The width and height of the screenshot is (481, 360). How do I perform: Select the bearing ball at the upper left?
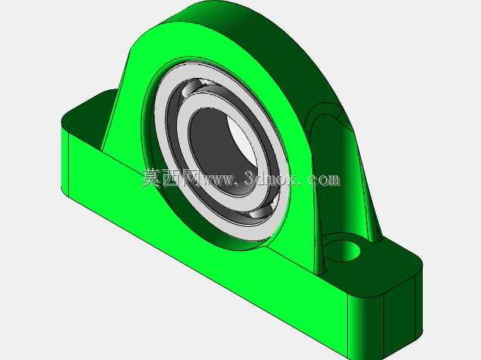[193, 87]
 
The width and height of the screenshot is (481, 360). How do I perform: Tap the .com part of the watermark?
[321, 179]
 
